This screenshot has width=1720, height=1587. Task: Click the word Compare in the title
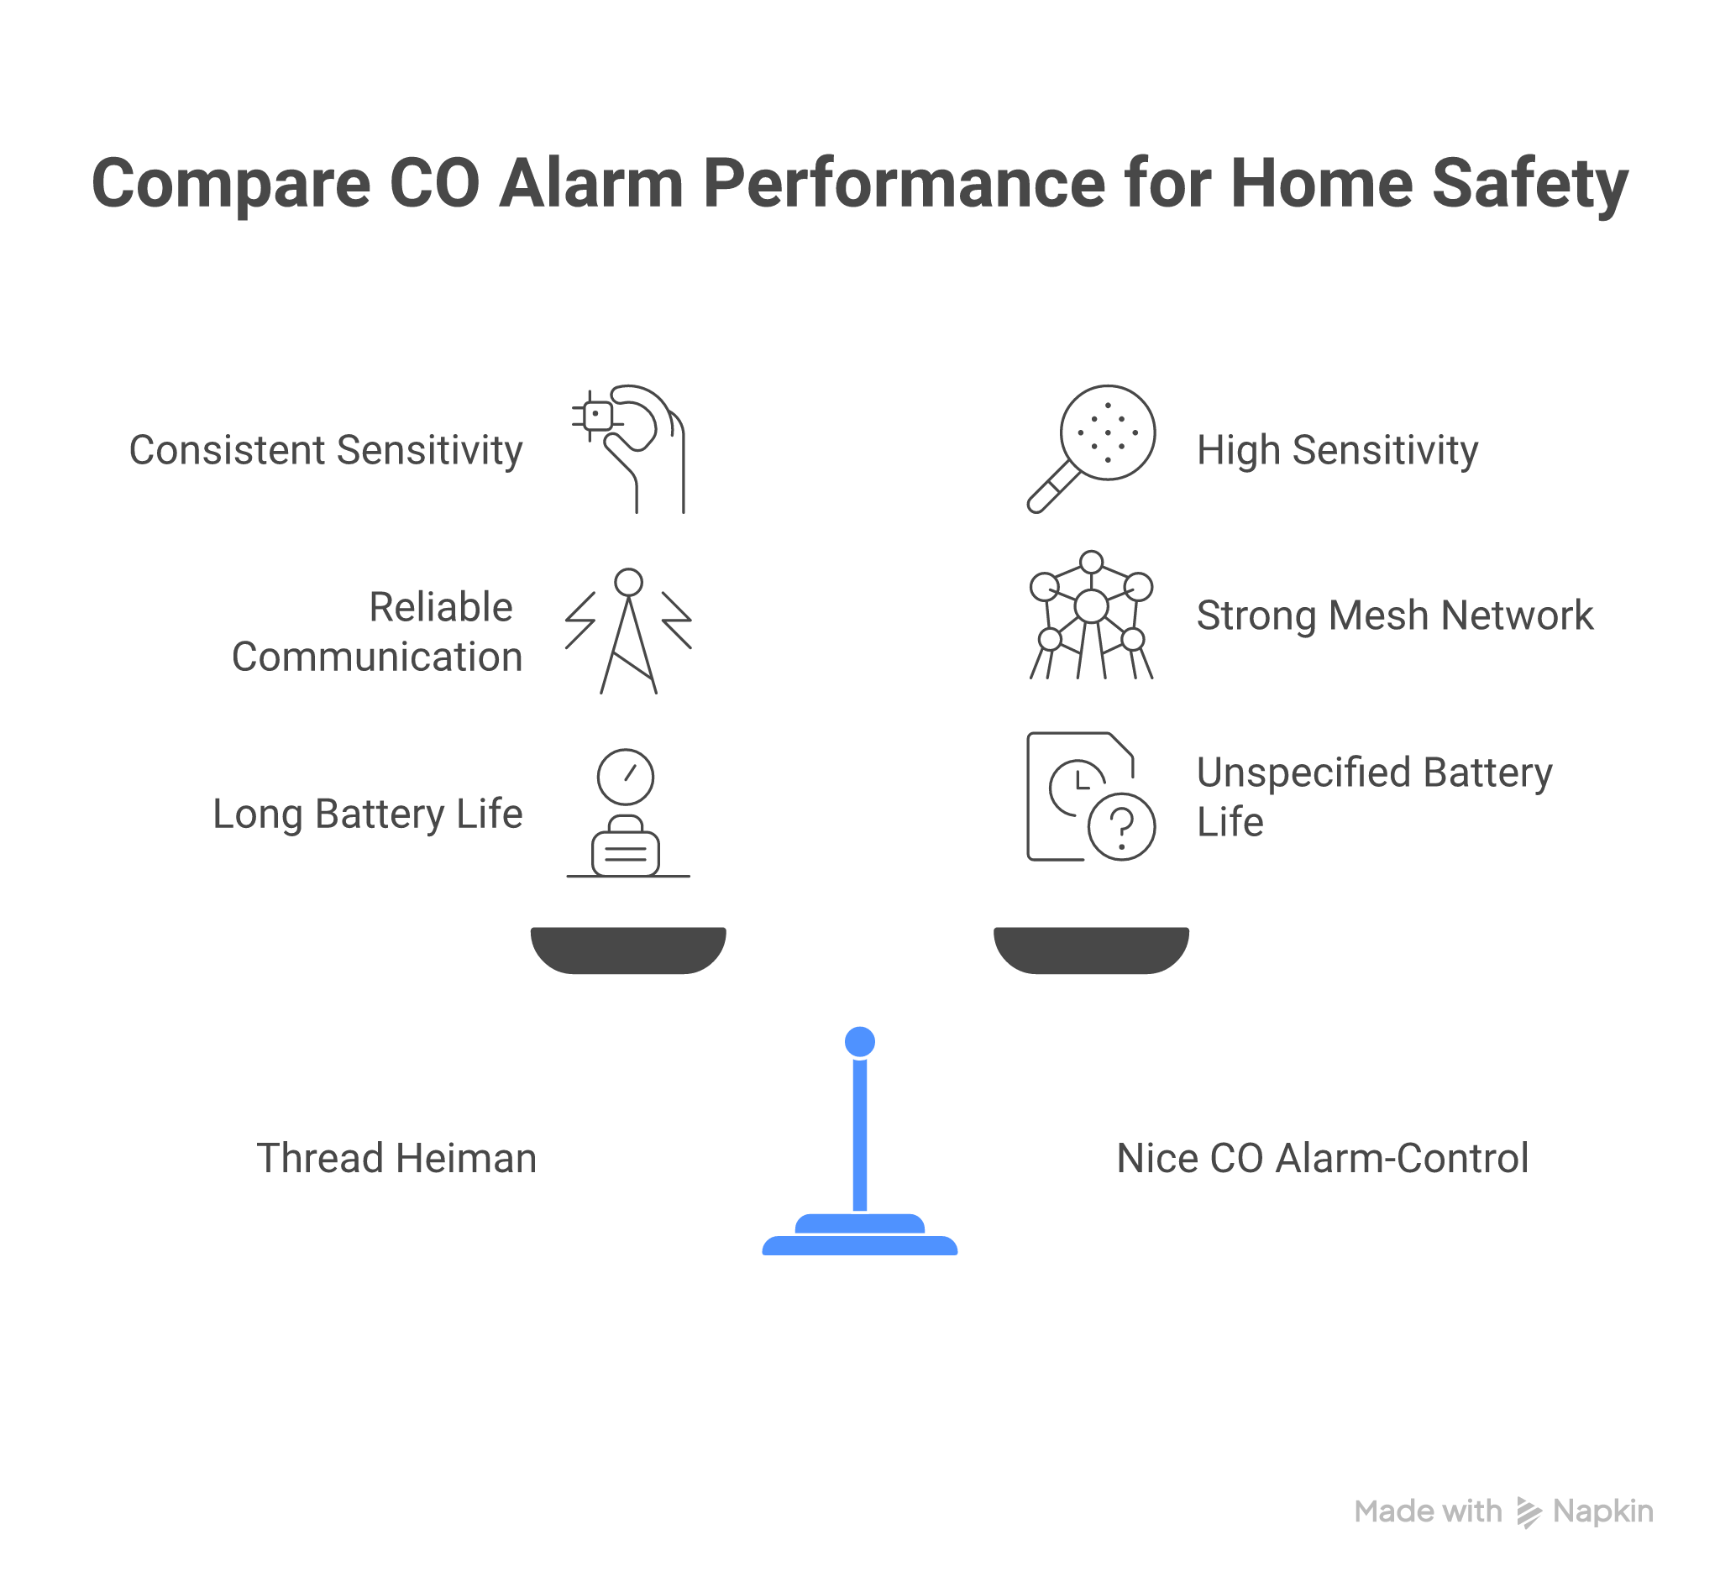pyautogui.click(x=230, y=184)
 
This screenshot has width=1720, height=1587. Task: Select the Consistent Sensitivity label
pyautogui.click(x=326, y=450)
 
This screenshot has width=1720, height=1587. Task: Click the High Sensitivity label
pyautogui.click(x=1337, y=450)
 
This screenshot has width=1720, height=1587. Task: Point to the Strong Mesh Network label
pyautogui.click(x=1394, y=615)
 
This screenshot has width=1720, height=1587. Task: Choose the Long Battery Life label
pyautogui.click(x=368, y=814)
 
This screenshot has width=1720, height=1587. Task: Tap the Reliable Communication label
pyautogui.click(x=377, y=632)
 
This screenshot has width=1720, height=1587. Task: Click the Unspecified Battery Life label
pyautogui.click(x=1374, y=797)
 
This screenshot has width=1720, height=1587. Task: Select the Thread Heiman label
pyautogui.click(x=396, y=1158)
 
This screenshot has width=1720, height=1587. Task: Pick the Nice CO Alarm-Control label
pyautogui.click(x=1322, y=1158)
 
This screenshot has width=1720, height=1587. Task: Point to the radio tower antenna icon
pyautogui.click(x=628, y=631)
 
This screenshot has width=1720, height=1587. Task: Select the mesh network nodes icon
pyautogui.click(x=1092, y=615)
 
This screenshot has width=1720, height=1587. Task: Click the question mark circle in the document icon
pyautogui.click(x=1121, y=827)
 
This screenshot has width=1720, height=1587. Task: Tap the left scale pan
pyautogui.click(x=628, y=949)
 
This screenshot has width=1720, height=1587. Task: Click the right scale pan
pyautogui.click(x=1092, y=949)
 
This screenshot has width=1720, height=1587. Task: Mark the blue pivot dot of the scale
pyautogui.click(x=859, y=1041)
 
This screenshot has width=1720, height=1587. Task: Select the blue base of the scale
pyautogui.click(x=859, y=1242)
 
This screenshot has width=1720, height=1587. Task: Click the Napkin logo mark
pyautogui.click(x=1529, y=1512)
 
